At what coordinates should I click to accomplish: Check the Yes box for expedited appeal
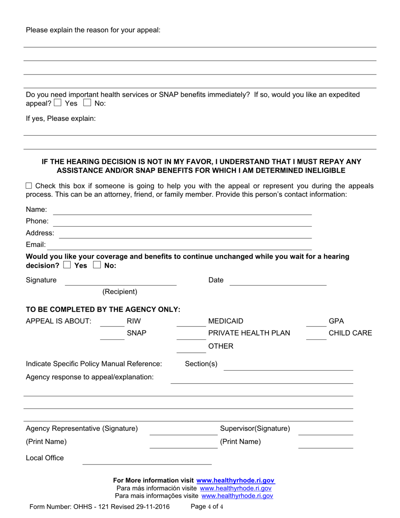tap(58, 103)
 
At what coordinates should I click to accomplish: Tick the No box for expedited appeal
tap(87, 103)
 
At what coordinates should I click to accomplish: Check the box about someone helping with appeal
tap(29, 186)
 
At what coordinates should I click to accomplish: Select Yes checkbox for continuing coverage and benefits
tap(67, 265)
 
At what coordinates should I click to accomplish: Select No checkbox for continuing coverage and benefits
tap(96, 265)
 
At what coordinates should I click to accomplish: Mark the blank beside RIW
tap(112, 325)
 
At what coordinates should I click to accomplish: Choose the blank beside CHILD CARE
tap(316, 338)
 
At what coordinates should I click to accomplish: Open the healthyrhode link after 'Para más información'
tap(235, 489)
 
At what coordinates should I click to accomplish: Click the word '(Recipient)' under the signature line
tap(120, 291)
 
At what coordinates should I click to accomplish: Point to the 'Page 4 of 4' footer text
tap(207, 507)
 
